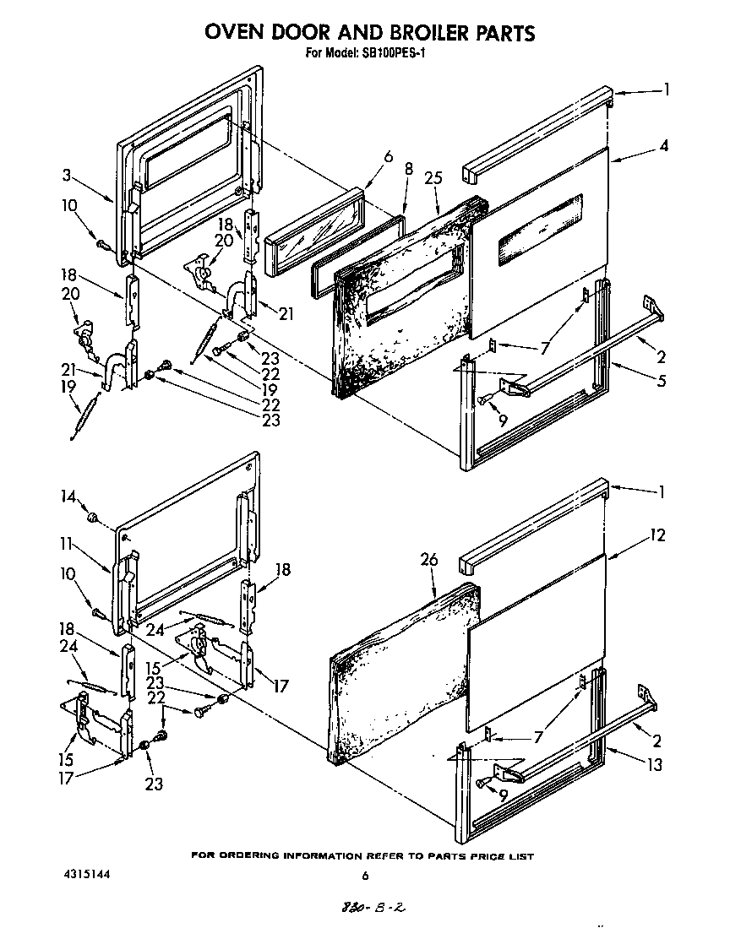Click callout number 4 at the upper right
click(664, 144)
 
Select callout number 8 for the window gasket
click(408, 169)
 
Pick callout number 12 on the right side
click(658, 535)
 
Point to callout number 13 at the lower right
click(656, 765)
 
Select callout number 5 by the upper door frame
click(661, 381)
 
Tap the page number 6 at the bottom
click(365, 876)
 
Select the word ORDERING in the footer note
click(253, 855)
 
